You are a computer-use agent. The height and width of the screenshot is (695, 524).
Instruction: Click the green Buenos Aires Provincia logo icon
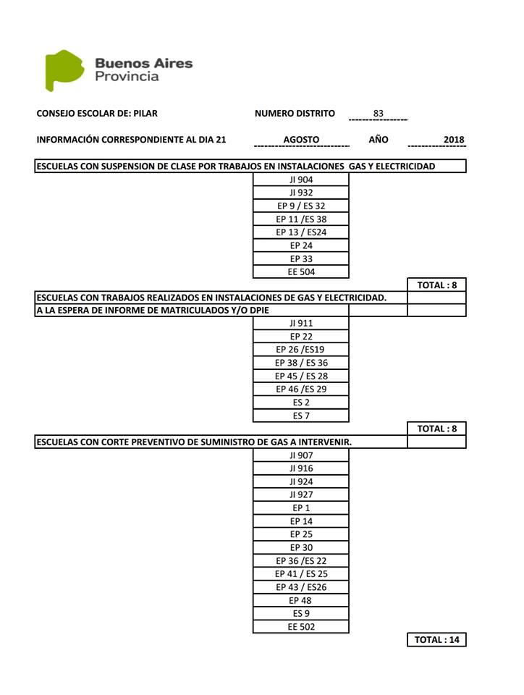[x=64, y=70]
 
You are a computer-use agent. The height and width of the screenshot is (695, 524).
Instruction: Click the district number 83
[x=379, y=114]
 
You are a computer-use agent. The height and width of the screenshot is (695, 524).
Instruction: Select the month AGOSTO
[x=301, y=140]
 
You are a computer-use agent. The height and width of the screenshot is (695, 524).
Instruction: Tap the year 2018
[x=454, y=140]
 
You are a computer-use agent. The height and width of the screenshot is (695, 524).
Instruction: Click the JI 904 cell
[x=301, y=180]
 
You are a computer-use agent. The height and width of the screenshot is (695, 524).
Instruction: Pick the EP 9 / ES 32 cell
[x=301, y=206]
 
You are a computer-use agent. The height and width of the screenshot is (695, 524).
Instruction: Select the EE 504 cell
[x=301, y=272]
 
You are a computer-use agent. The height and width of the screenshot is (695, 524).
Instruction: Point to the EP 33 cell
[x=301, y=259]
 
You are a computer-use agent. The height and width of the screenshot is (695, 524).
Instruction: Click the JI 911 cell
[x=301, y=324]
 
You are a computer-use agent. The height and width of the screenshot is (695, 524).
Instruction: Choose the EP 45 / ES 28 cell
[x=301, y=376]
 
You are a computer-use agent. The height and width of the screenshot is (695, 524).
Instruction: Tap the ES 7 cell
[x=301, y=416]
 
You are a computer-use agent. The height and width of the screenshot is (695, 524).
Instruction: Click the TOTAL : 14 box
[x=436, y=640]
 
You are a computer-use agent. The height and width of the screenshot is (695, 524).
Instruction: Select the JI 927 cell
[x=301, y=494]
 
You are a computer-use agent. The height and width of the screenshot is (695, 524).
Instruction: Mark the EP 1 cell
[x=301, y=508]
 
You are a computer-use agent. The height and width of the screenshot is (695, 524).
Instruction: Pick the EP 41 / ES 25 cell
[x=301, y=574]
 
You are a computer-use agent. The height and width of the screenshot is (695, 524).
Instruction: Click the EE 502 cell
[x=301, y=627]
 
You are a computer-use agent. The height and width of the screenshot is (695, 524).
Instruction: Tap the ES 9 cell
[x=301, y=614]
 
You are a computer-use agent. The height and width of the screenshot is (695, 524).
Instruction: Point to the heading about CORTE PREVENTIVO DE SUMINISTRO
[x=194, y=442]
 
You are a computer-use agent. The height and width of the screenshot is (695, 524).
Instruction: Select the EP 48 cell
[x=301, y=600]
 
